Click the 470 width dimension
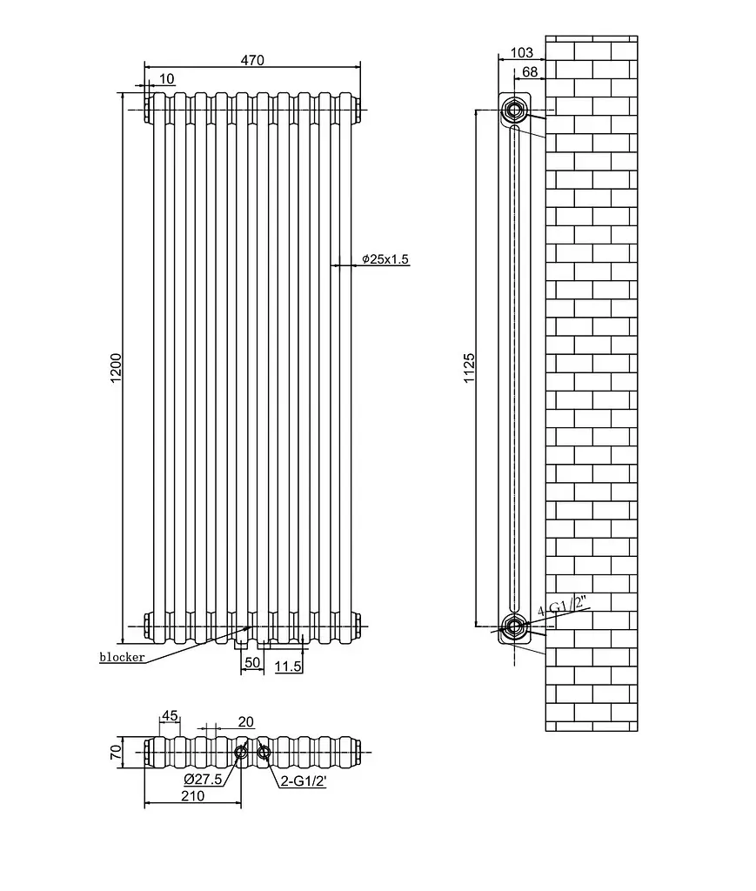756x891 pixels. click(x=252, y=60)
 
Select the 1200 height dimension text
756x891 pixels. click(x=116, y=368)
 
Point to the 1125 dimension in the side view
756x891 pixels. click(x=469, y=368)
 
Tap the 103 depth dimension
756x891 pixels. click(x=521, y=52)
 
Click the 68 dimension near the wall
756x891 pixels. click(x=529, y=71)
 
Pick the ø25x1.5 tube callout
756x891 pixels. click(x=385, y=259)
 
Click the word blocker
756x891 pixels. click(x=122, y=658)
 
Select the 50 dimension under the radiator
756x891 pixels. click(x=252, y=662)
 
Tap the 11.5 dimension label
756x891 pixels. click(x=288, y=666)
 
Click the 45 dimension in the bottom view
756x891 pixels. click(x=170, y=715)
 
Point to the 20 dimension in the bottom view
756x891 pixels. click(x=245, y=721)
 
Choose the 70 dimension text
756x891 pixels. click(x=116, y=752)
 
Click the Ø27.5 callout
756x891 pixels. click(x=203, y=779)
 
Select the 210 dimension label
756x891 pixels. click(x=192, y=796)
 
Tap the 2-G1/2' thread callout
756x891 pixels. click(x=304, y=781)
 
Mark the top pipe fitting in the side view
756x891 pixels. click(x=514, y=110)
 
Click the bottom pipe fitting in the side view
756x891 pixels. click(x=514, y=626)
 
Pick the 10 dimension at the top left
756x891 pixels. click(x=167, y=79)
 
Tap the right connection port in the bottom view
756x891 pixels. click(x=264, y=753)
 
